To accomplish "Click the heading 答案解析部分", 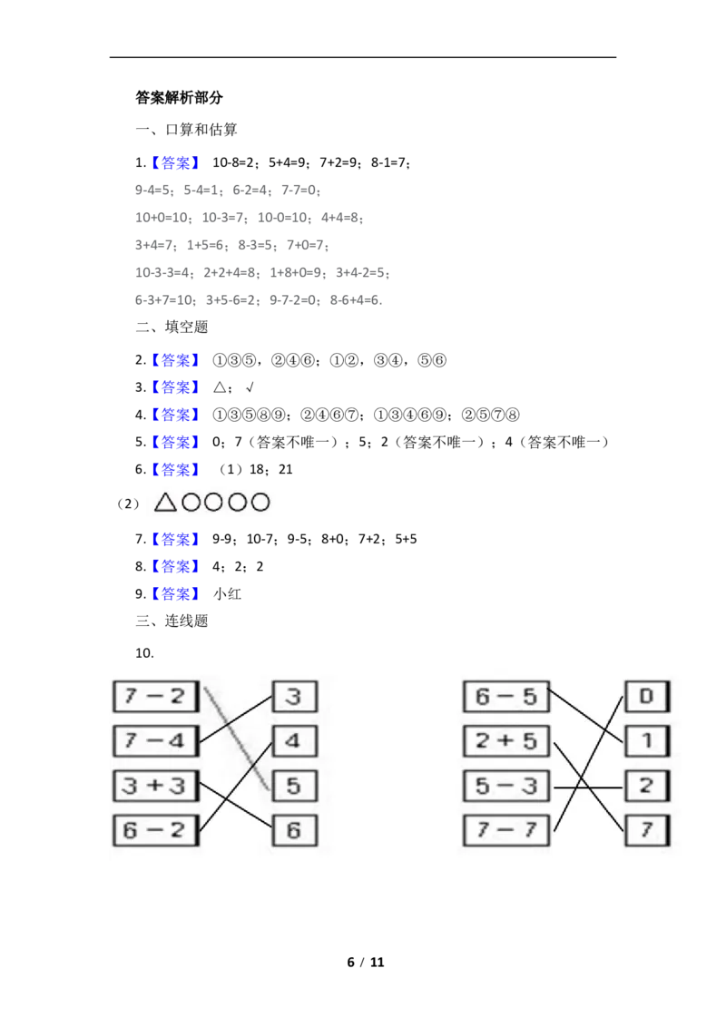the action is coord(179,98).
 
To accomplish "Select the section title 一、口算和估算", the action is coord(187,130).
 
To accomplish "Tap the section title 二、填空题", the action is coord(172,327).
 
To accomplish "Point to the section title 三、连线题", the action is coord(172,621).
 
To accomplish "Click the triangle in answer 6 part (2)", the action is coord(165,503).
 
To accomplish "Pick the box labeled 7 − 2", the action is coord(156,696).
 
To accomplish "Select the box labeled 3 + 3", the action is coord(156,786).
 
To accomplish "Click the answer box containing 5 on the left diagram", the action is coord(294,786).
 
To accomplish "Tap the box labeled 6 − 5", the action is coord(505,696).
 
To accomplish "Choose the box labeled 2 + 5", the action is coord(505,741).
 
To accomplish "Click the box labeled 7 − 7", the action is coord(505,830).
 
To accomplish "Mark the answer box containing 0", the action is coord(647,696).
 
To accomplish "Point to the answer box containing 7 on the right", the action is coord(647,830).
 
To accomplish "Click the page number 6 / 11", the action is coord(366,963).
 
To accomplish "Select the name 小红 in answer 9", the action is coord(228,594).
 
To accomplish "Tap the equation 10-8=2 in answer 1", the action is coord(232,162).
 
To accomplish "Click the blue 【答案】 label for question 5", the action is coord(175,442).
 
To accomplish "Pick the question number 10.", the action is coord(144,653).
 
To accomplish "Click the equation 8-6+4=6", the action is coord(355,300).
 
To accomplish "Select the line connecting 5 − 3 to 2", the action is coord(588,787).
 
